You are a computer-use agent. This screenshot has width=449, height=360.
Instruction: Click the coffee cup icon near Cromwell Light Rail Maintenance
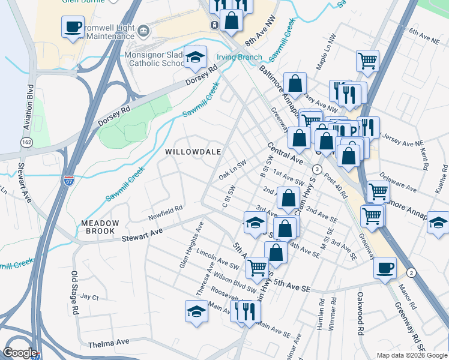(x=73, y=27)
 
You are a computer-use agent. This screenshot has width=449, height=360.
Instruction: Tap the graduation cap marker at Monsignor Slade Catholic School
(x=194, y=58)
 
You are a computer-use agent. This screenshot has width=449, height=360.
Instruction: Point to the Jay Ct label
(x=89, y=296)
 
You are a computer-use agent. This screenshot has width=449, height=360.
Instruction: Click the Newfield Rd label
(x=165, y=212)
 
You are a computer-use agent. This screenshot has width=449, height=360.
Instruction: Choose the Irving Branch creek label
(x=239, y=58)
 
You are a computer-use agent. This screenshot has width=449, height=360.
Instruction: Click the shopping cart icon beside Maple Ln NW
(x=367, y=60)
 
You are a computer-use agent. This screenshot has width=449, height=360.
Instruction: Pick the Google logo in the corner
(x=20, y=353)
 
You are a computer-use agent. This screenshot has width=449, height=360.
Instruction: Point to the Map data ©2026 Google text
(x=411, y=355)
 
